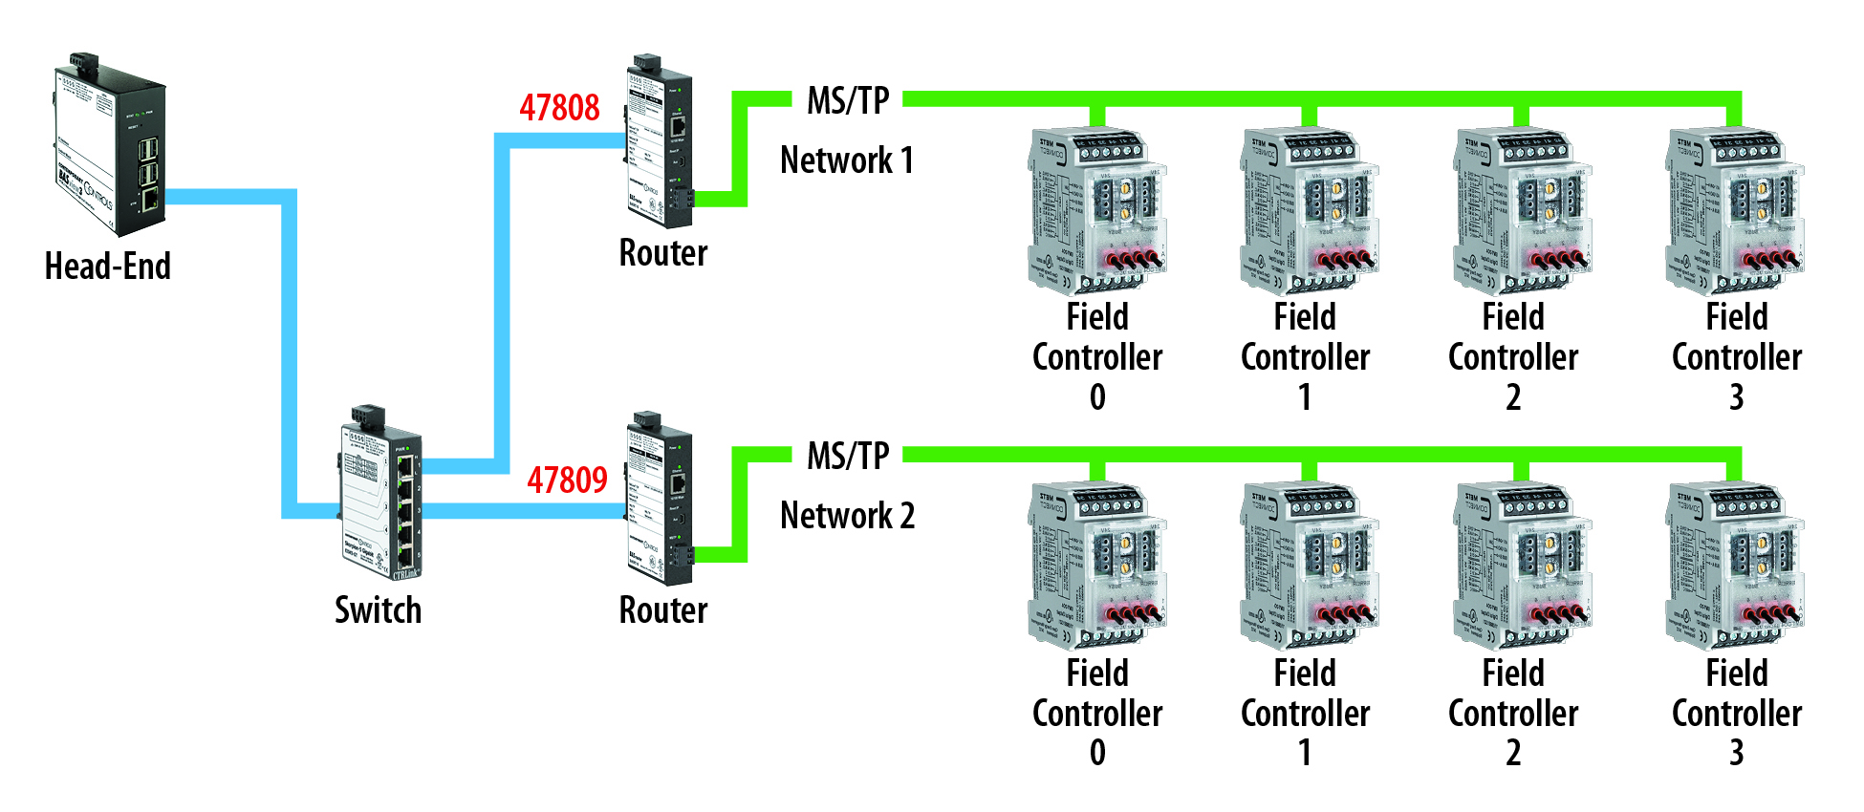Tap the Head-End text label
pos(108,267)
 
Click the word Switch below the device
pos(378,610)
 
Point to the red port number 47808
pos(559,108)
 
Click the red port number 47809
pos(567,480)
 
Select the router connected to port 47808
pos(660,143)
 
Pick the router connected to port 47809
pos(660,499)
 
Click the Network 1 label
pos(847,160)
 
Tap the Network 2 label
pos(847,516)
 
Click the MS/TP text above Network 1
pos(848,100)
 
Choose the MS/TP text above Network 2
pos(848,456)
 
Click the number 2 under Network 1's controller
pos(1513,397)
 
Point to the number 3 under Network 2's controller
pos(1736,754)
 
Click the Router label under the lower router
pos(663,610)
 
